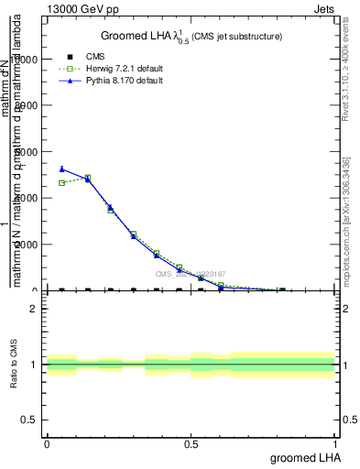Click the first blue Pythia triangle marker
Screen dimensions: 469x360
[x=61, y=169]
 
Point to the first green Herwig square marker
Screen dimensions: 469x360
[x=61, y=182]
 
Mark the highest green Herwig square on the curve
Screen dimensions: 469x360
[x=87, y=178]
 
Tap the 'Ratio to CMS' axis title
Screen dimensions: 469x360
[x=14, y=364]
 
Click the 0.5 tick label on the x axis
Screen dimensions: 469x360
[x=191, y=443]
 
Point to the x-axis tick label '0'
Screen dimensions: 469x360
[x=47, y=443]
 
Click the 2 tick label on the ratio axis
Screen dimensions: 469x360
[x=33, y=309]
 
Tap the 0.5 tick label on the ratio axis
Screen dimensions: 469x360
[x=29, y=420]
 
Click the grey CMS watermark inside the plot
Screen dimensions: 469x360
[x=190, y=274]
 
